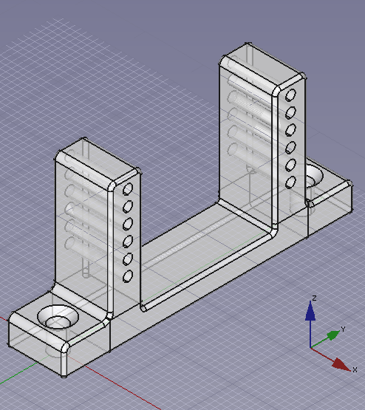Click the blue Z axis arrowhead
(x=310, y=311)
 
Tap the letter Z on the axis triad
(x=314, y=298)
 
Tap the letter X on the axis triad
(x=355, y=369)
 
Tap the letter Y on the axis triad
(x=344, y=329)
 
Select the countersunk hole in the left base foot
(x=58, y=316)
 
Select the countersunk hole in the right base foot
(x=314, y=175)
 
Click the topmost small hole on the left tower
(x=128, y=189)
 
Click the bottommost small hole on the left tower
(x=128, y=276)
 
